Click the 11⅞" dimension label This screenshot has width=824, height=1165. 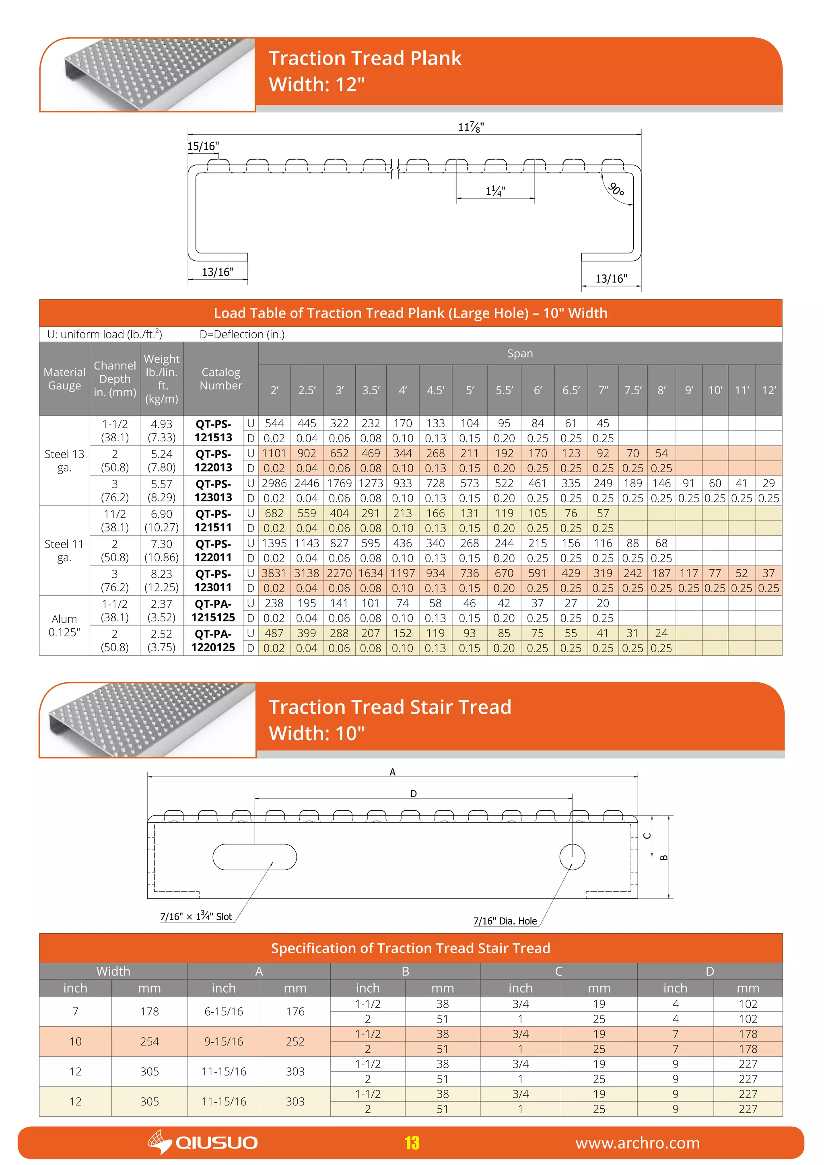(471, 127)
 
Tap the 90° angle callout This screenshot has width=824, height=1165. (616, 190)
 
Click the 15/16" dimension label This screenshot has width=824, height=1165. (203, 146)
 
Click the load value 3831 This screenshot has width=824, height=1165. (274, 573)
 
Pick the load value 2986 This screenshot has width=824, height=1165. (274, 484)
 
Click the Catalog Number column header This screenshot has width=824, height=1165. (221, 379)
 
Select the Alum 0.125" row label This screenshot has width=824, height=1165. (64, 626)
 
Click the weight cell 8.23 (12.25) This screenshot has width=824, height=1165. (161, 580)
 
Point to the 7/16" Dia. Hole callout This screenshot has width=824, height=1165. (505, 921)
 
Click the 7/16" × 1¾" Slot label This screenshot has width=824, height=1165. (196, 916)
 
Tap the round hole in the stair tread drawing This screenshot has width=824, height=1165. (573, 857)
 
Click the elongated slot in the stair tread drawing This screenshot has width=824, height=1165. (255, 857)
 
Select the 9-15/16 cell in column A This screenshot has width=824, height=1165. (223, 1041)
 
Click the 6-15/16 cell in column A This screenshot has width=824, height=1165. (223, 1011)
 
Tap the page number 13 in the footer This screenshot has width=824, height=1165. (412, 1143)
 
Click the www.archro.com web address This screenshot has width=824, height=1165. (637, 1143)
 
